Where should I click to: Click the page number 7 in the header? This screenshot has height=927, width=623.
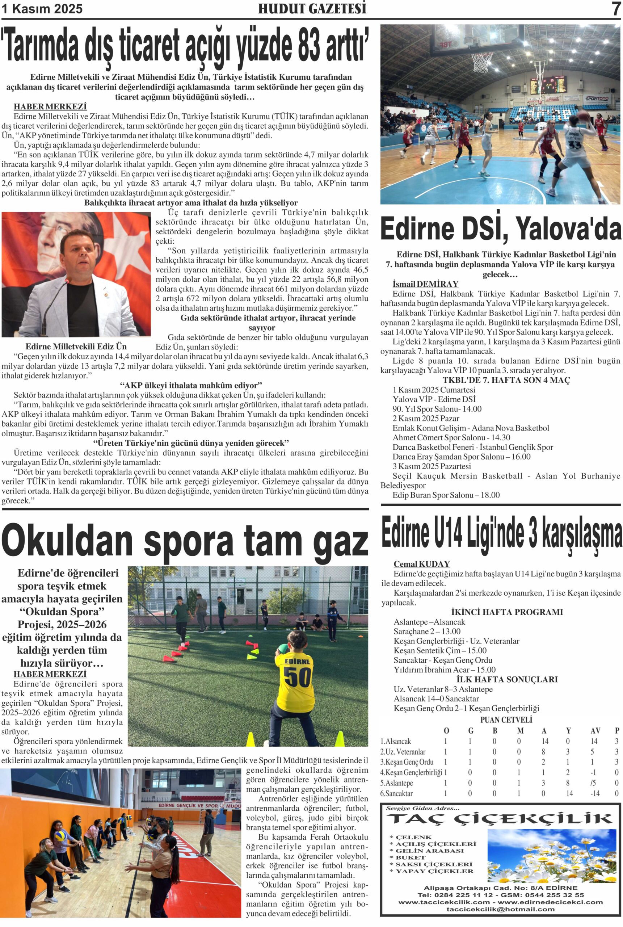tap(615, 9)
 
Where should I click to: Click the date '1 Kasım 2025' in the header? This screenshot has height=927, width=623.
tap(42, 9)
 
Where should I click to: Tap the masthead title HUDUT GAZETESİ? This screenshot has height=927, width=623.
tap(312, 9)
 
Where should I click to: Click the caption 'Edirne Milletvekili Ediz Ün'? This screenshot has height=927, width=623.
tap(76, 347)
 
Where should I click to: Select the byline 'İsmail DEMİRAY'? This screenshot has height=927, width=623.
tap(425, 285)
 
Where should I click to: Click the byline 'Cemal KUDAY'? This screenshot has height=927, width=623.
tap(422, 564)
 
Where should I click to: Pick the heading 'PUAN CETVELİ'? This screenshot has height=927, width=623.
tap(506, 720)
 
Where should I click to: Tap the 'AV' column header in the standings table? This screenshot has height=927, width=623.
tap(595, 731)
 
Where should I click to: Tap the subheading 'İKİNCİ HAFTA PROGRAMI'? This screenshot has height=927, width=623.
tap(507, 612)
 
